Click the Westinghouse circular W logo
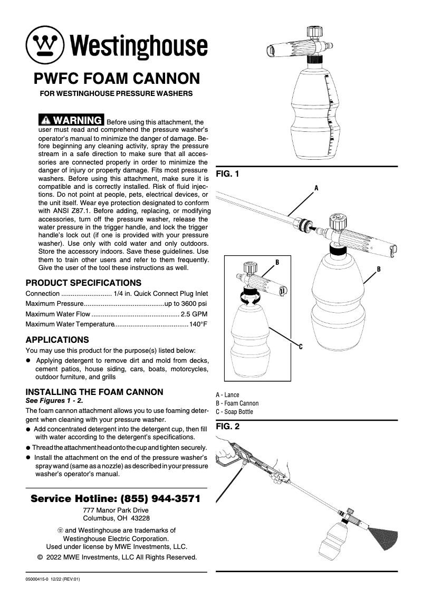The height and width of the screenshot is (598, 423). pos(45,43)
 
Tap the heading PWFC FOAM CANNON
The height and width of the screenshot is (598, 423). pos(117,79)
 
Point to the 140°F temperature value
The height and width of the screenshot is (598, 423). pos(199,324)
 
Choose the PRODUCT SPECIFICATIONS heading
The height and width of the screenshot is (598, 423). pos(83,283)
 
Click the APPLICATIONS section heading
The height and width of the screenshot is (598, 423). pos(57,340)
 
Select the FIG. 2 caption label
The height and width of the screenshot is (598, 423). pos(227,427)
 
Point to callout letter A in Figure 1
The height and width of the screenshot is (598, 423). pos(316,187)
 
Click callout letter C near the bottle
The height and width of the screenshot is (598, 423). pos(300,346)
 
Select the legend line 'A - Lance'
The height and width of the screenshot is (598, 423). pos(227,394)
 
